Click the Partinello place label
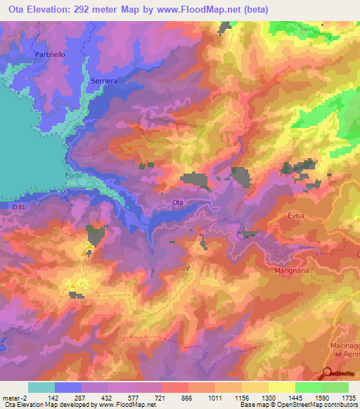pyautogui.click(x=50, y=54)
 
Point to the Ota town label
pyautogui.click(x=178, y=202)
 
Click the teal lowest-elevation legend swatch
pyautogui.click(x=41, y=387)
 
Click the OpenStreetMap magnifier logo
pyautogui.click(x=328, y=375)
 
